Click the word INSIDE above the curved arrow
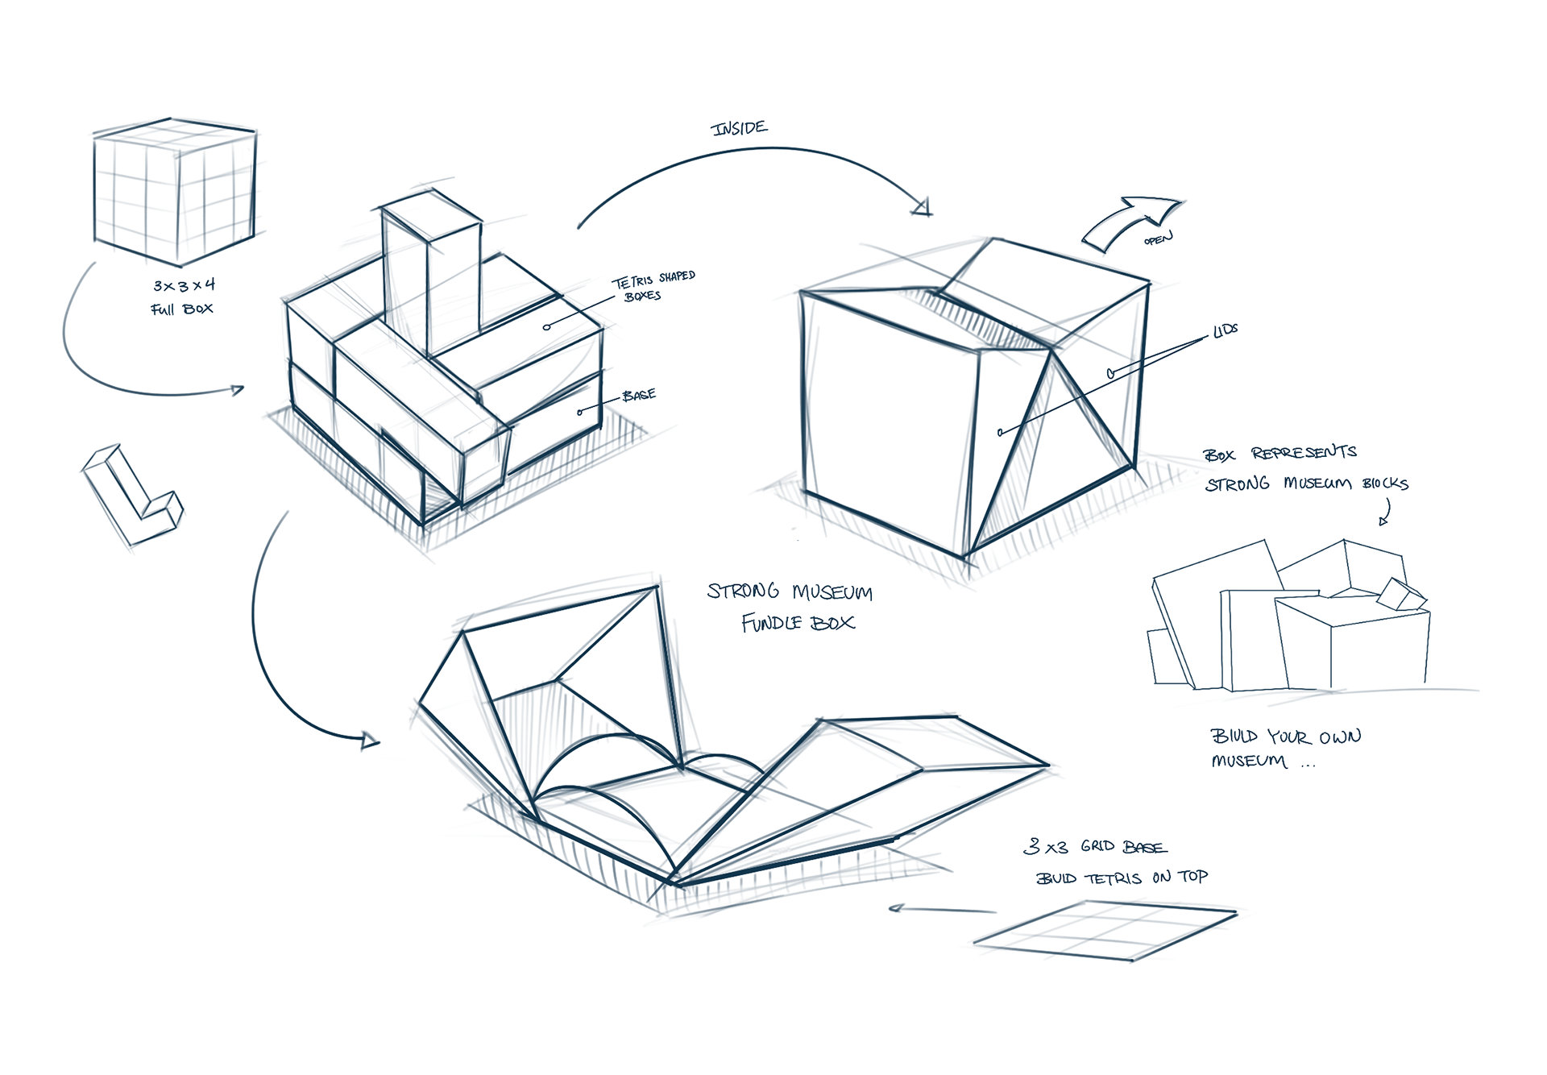(x=739, y=128)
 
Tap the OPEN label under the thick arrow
(x=1158, y=239)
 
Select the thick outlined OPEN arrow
(x=1128, y=222)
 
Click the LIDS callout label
(x=1225, y=330)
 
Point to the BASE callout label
(x=639, y=395)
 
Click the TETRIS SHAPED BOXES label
(x=652, y=287)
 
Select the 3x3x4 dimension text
(x=185, y=285)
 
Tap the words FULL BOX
(x=182, y=309)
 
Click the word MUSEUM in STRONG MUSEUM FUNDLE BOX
(x=832, y=593)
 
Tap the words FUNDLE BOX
(x=798, y=623)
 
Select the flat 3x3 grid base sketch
(x=1105, y=931)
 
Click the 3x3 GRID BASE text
(x=1094, y=847)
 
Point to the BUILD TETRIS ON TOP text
(x=1122, y=878)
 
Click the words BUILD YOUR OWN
(x=1285, y=737)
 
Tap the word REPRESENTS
(x=1304, y=453)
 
